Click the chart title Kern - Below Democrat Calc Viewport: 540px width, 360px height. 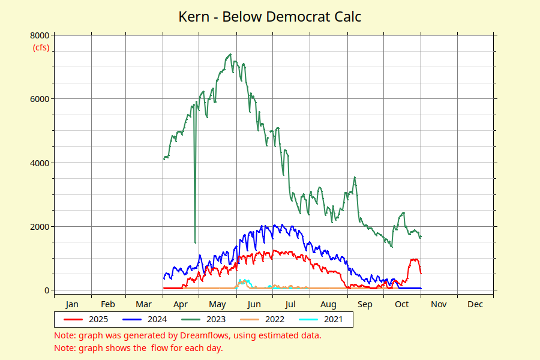point(270,16)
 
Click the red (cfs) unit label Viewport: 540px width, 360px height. point(41,48)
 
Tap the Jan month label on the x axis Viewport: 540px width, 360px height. point(72,304)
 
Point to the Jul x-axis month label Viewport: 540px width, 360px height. point(291,304)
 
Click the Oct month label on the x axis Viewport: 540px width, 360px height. point(401,304)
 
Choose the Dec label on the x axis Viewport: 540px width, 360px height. point(475,304)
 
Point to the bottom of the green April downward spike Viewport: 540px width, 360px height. point(195,242)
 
